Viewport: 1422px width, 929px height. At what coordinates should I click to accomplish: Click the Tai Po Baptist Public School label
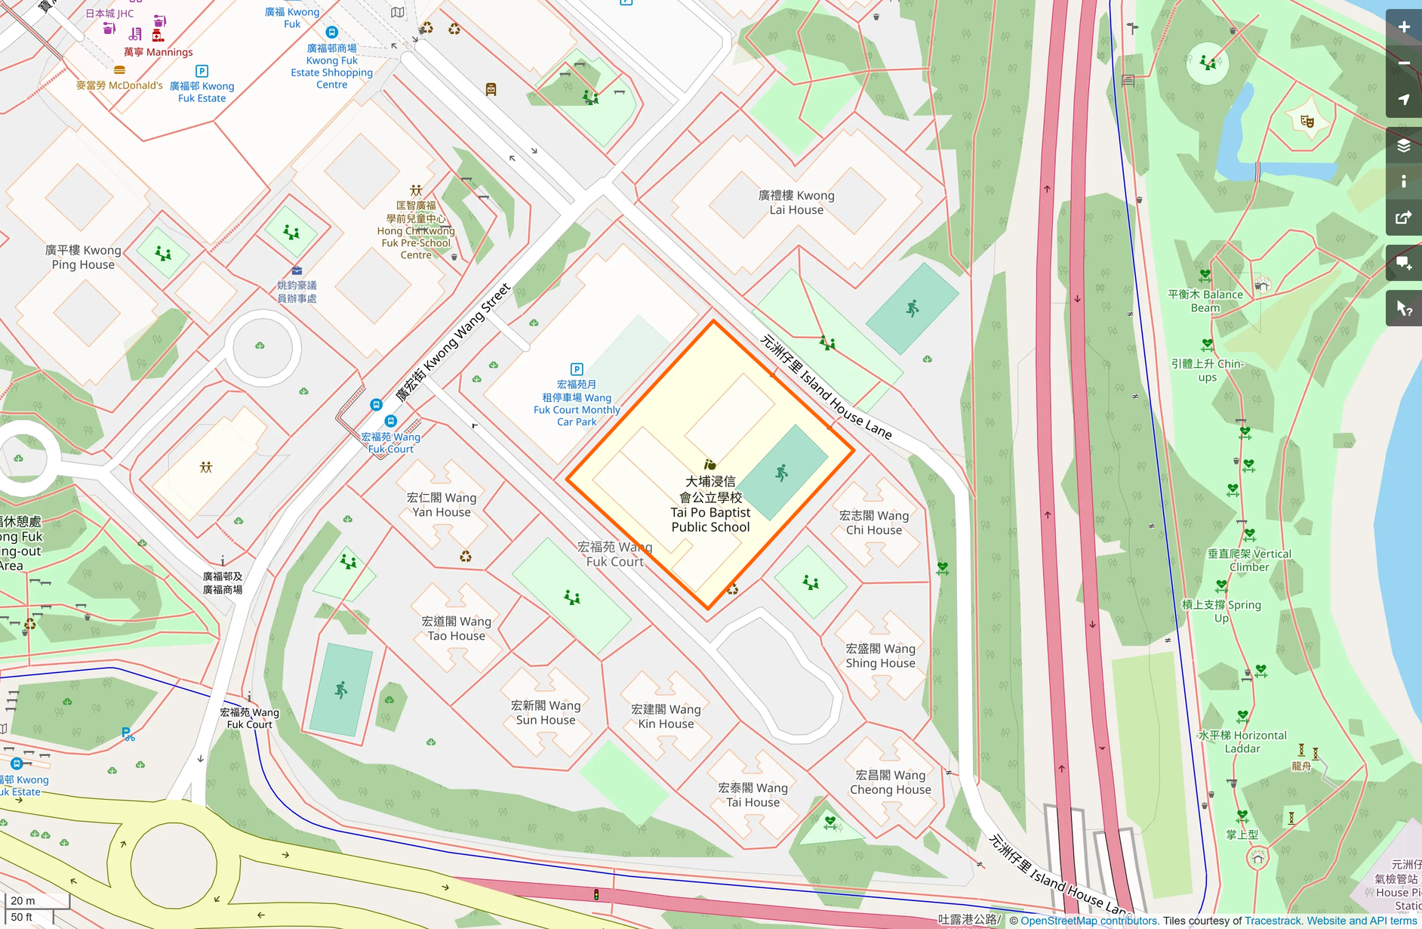(710, 505)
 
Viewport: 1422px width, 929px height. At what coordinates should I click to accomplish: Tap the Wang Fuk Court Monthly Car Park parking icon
(577, 369)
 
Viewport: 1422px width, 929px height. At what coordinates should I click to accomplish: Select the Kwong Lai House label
(796, 202)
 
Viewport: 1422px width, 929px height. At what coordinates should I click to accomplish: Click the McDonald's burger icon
(119, 70)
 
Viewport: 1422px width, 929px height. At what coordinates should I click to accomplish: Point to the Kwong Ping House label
(83, 258)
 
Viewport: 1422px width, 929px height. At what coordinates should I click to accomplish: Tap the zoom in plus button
(1403, 27)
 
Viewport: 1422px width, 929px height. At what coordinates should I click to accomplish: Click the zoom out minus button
(1403, 63)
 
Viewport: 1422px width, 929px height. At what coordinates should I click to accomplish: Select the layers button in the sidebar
(1403, 146)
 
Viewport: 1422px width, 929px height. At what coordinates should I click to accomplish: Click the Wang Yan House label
(442, 505)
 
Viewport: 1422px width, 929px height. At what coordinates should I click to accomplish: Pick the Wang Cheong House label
(891, 782)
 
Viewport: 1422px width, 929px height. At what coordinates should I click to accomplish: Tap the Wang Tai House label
(753, 795)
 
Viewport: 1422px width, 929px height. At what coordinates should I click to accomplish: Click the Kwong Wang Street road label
(454, 341)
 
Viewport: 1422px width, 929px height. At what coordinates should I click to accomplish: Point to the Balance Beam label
(1205, 301)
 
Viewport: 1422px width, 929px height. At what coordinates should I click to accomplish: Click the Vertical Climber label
(1249, 560)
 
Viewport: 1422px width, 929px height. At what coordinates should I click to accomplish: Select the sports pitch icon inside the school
(782, 474)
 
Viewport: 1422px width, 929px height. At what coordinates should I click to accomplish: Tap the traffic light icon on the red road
(596, 895)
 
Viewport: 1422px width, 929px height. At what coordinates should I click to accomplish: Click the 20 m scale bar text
(23, 900)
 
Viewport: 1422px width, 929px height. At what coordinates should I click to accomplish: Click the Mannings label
(159, 52)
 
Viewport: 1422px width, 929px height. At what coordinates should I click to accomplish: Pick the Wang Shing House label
(880, 656)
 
